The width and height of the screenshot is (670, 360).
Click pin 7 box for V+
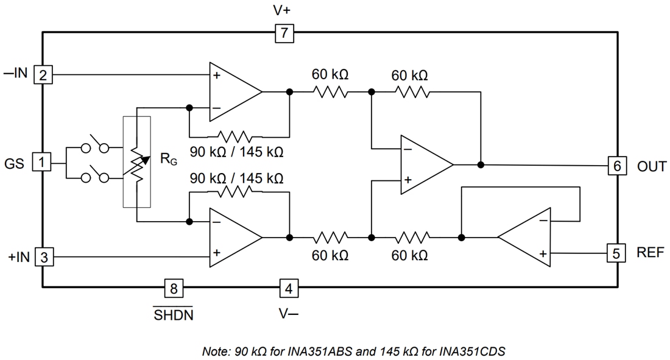[284, 34]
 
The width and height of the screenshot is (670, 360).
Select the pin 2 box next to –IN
[43, 76]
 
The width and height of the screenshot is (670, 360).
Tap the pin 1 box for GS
[41, 163]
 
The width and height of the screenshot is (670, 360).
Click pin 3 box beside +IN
[43, 257]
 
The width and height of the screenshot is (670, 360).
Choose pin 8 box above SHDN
[174, 288]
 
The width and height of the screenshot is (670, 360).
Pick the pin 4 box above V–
[289, 288]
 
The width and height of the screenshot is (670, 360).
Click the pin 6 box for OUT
[616, 166]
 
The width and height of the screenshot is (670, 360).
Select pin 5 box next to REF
[616, 253]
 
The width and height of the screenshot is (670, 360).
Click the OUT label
[651, 166]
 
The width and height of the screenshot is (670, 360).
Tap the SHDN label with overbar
[173, 315]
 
